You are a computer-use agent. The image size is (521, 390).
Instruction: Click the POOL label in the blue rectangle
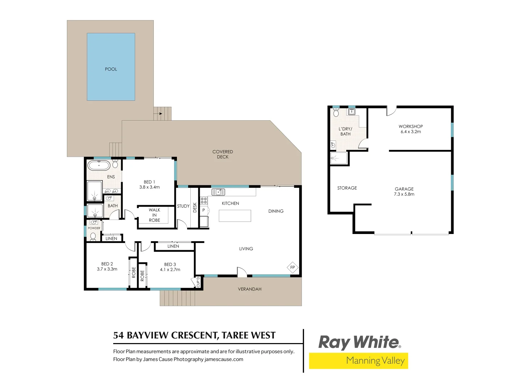111,69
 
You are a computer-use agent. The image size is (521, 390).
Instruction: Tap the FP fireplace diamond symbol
293,268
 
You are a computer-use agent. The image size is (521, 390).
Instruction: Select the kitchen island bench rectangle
235,216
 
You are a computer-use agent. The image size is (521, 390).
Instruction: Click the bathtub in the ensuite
99,166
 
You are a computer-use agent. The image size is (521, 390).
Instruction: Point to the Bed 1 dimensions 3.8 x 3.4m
149,187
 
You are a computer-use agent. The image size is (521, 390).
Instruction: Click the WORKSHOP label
411,126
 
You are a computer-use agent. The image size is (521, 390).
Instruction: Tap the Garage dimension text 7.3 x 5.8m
404,194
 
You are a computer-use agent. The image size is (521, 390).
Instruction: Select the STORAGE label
347,188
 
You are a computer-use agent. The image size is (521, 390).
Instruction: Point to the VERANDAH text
250,289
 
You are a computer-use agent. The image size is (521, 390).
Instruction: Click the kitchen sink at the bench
218,192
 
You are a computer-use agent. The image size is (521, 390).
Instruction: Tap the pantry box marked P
204,210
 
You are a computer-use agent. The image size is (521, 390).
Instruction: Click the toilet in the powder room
93,237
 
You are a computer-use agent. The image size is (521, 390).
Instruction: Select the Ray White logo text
359,342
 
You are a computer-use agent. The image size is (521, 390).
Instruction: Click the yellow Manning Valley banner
358,361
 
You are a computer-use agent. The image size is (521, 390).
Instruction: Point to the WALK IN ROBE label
154,215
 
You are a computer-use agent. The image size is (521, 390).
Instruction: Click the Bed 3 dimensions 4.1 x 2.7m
170,270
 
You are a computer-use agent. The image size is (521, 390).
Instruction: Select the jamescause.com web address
224,359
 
